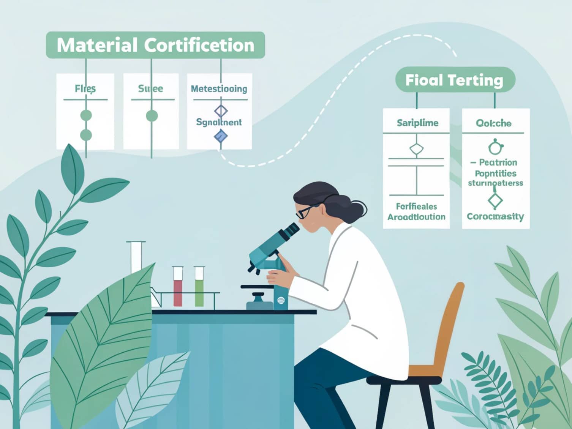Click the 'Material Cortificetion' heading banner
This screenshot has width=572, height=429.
155,45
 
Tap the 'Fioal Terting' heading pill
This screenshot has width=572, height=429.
455,80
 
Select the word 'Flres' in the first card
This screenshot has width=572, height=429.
85,89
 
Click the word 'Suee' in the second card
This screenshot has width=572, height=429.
151,89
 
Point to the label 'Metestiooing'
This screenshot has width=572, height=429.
219,89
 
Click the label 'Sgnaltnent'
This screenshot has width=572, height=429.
219,122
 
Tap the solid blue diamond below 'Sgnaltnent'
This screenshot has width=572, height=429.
221,136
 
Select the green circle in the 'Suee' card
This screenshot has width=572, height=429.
152,116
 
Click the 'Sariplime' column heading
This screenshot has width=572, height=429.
417,123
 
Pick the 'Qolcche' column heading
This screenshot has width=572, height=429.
493,123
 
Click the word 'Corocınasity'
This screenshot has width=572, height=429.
495,216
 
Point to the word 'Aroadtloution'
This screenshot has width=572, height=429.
416,217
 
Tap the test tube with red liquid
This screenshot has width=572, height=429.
178,287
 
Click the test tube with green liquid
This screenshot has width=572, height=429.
199,287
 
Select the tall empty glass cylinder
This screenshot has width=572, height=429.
136,257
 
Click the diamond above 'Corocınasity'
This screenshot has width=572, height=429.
495,201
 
